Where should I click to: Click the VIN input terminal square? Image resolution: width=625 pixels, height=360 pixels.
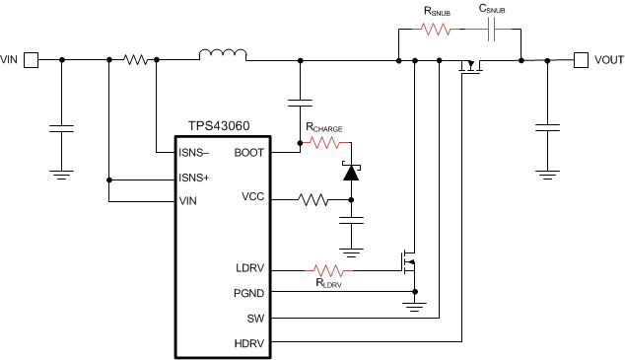click(x=32, y=60)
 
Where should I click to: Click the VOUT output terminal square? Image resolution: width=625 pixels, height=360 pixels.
click(x=581, y=60)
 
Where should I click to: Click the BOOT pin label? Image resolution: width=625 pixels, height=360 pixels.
click(x=249, y=152)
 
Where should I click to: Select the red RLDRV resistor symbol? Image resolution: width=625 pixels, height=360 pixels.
click(x=328, y=268)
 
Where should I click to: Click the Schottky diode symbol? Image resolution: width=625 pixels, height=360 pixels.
click(x=348, y=172)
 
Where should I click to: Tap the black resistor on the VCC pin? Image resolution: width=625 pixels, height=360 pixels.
click(x=313, y=200)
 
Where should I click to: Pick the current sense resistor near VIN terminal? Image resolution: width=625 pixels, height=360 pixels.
click(x=136, y=60)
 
